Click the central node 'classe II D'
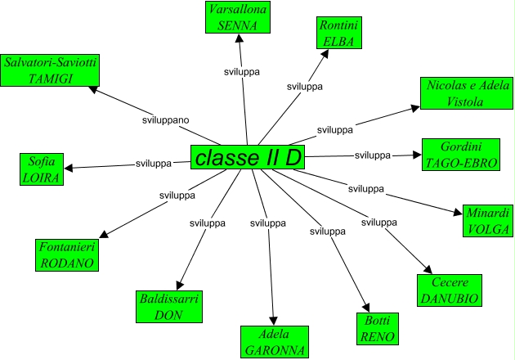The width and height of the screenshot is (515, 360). pyautogui.click(x=248, y=158)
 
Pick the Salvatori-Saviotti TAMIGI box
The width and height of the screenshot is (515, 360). pyautogui.click(x=50, y=70)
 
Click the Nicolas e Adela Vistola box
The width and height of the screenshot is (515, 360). pyautogui.click(x=465, y=93)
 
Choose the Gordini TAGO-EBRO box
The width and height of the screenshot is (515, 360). pyautogui.click(x=460, y=154)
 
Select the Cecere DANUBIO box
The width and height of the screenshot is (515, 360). pyautogui.click(x=447, y=290)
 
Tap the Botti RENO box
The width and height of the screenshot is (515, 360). pyautogui.click(x=378, y=328)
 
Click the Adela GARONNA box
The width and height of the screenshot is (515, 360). pyautogui.click(x=275, y=342)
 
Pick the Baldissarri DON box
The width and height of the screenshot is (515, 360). pyautogui.click(x=168, y=307)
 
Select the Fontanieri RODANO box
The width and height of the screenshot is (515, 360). pyautogui.click(x=67, y=255)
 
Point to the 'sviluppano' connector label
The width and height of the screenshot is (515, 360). pyautogui.click(x=163, y=120)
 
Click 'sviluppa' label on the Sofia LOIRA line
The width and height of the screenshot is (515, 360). pyautogui.click(x=153, y=164)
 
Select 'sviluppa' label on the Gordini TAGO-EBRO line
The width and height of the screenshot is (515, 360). pyautogui.click(x=372, y=155)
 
